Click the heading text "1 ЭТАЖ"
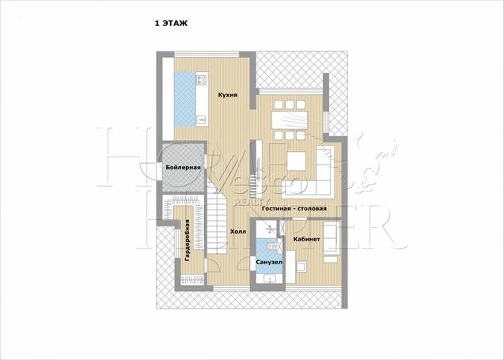(x=171, y=24)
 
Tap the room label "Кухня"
(x=228, y=95)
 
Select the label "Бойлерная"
(x=183, y=168)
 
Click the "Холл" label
(x=238, y=231)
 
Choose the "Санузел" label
(x=269, y=263)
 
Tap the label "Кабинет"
(x=307, y=239)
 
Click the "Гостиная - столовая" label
(x=294, y=208)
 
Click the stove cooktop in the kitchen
(x=203, y=80)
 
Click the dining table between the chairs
(x=290, y=120)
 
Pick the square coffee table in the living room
(x=296, y=161)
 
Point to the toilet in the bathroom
(x=271, y=246)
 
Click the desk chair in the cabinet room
(x=301, y=267)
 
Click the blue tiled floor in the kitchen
(x=185, y=100)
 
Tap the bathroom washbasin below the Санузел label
(x=269, y=279)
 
